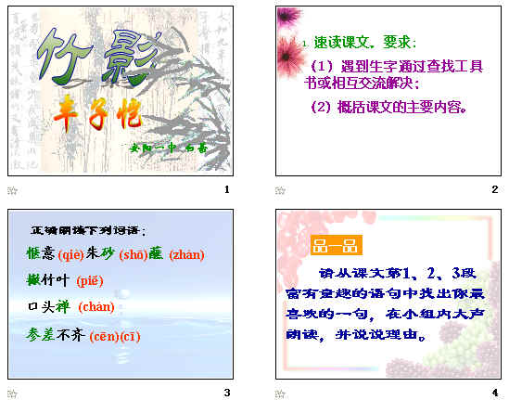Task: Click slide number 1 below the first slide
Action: click(227, 189)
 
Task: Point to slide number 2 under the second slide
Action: click(494, 189)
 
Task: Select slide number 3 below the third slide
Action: click(227, 393)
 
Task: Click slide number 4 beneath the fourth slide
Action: click(494, 393)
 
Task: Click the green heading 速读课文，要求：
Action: click(366, 43)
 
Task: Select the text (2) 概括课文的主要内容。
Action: click(386, 107)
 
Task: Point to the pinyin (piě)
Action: click(90, 280)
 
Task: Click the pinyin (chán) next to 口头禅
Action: click(96, 307)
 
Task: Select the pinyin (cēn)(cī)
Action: click(116, 336)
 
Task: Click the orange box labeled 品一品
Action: click(336, 246)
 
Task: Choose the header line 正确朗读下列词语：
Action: click(88, 229)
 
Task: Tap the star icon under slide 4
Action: click(280, 394)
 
